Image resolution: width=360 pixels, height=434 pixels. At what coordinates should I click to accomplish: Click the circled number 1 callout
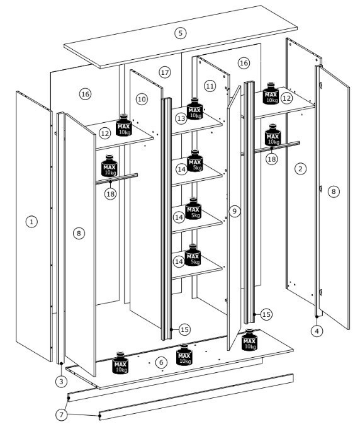[31, 222]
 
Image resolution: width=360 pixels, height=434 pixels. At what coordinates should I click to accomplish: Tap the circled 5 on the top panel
[180, 33]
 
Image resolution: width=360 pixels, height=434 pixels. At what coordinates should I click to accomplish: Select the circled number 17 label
[165, 72]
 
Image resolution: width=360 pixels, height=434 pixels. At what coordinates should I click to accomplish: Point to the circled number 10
[142, 99]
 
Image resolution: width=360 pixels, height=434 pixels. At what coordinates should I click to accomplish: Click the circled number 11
[210, 86]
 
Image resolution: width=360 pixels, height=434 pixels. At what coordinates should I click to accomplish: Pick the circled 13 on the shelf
[181, 118]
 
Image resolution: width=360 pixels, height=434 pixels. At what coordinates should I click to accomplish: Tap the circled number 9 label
[235, 211]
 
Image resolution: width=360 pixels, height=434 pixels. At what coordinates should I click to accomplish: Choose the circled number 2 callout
[301, 169]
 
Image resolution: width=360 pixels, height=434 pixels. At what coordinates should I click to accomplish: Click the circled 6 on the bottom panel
[161, 362]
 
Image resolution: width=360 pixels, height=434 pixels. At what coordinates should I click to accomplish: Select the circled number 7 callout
[62, 414]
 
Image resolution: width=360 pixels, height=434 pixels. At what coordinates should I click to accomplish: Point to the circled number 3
[61, 382]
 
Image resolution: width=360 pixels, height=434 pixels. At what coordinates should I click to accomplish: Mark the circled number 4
[317, 331]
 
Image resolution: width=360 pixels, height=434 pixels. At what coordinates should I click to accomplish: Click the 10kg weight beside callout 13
[195, 108]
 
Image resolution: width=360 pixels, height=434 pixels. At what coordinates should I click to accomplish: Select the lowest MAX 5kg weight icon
[193, 255]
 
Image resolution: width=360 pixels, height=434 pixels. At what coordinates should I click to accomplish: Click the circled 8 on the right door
[334, 191]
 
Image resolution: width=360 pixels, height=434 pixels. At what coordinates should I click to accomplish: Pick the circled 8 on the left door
[79, 233]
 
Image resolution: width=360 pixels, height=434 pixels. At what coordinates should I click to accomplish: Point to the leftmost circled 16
[85, 94]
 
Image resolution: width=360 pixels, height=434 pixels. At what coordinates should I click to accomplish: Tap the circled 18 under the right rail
[272, 159]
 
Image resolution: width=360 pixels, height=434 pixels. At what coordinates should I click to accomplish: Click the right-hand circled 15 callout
[266, 314]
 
